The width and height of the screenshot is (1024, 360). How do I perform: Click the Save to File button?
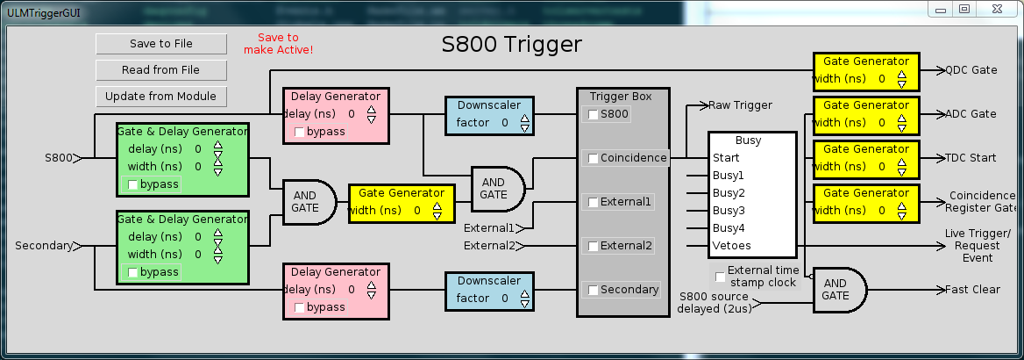tap(161, 44)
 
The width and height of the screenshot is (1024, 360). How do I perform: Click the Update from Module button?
tap(161, 97)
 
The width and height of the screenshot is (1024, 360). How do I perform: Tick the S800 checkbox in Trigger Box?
tap(594, 114)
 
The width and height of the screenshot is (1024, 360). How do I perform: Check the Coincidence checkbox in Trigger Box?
tap(594, 159)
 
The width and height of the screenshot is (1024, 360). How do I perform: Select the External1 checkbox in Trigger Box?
tap(594, 202)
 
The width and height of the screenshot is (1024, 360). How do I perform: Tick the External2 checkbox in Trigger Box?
tap(594, 246)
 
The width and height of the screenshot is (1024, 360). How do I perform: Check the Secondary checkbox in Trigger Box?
tap(594, 290)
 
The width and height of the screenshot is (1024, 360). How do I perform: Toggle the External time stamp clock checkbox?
tap(721, 277)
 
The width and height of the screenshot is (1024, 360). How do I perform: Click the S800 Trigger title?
tap(511, 45)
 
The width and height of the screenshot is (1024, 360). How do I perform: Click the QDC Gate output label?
tap(971, 70)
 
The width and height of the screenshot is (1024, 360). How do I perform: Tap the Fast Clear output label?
tap(971, 290)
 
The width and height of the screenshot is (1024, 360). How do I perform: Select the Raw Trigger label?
tap(740, 105)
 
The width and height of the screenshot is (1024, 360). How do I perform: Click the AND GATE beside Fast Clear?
tap(837, 290)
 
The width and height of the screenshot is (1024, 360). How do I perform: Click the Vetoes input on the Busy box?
tap(731, 246)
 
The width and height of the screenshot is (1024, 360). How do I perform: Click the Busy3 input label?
tap(729, 211)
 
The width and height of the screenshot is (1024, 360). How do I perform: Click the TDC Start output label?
tap(971, 158)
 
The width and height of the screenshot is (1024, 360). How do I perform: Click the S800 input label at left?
tap(59, 158)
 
